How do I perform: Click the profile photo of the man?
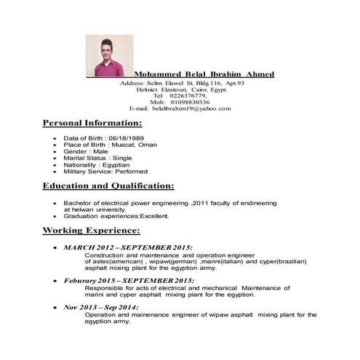tap(110, 55)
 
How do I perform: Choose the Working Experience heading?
tap(91, 231)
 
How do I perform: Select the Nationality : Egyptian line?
tap(96, 164)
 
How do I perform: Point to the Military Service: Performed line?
tap(105, 171)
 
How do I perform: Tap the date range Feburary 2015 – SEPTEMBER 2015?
tap(129, 280)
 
